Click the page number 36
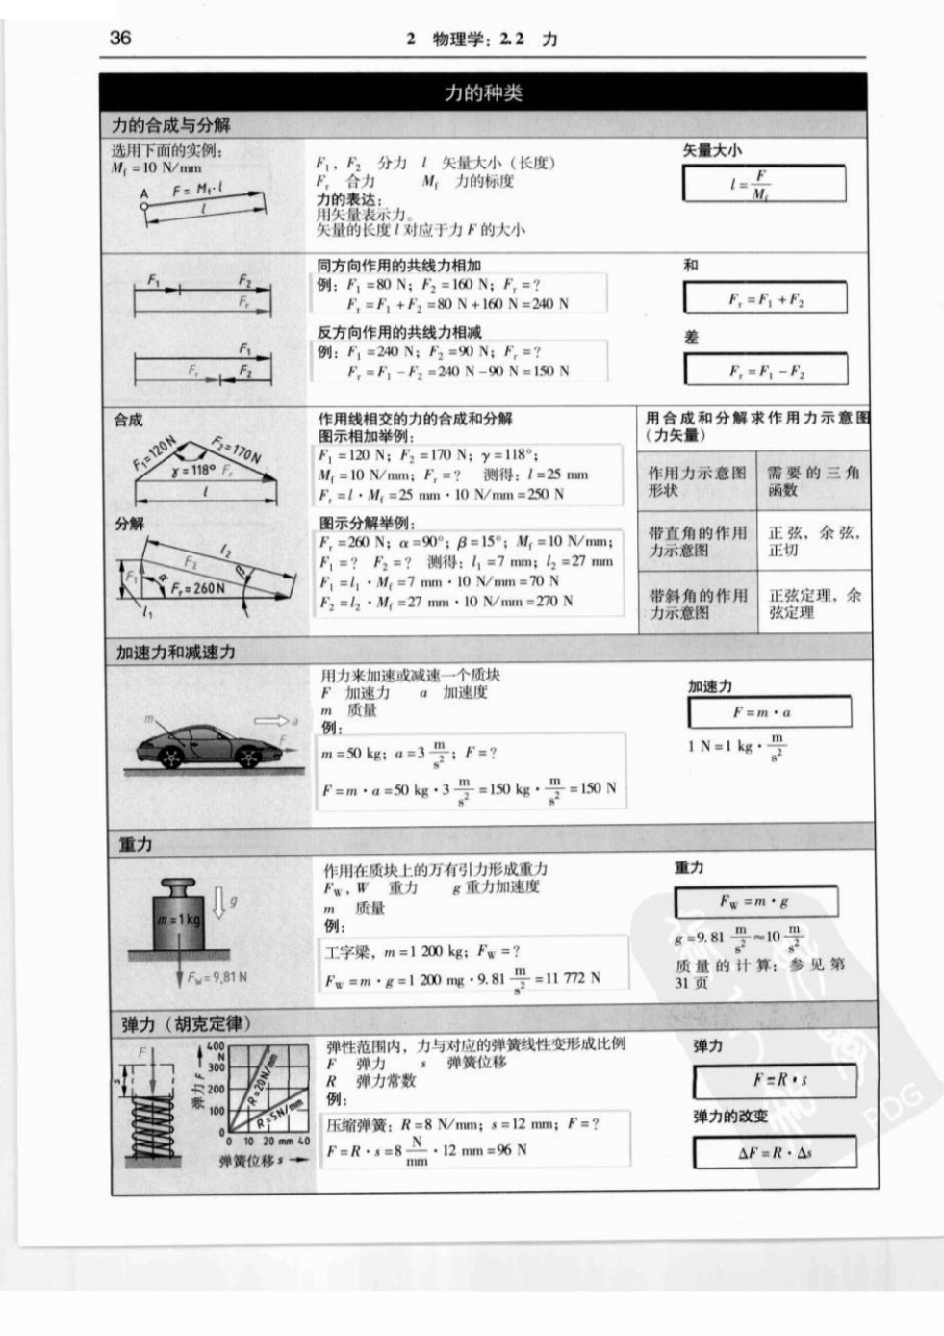point(120,38)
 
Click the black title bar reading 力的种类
point(482,92)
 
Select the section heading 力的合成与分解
point(171,125)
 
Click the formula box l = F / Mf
point(764,183)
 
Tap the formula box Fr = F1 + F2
point(765,298)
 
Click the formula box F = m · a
point(769,712)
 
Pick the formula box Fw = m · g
point(755,902)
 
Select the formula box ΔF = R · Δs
point(774,1152)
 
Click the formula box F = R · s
point(774,1081)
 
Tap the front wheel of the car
point(248,758)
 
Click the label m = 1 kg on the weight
point(179,920)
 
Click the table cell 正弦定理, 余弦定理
point(814,604)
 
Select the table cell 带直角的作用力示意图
point(697,541)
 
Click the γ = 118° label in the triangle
point(192,471)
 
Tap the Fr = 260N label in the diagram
point(198,587)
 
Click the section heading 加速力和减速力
point(176,652)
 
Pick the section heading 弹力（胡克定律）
point(186,1024)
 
